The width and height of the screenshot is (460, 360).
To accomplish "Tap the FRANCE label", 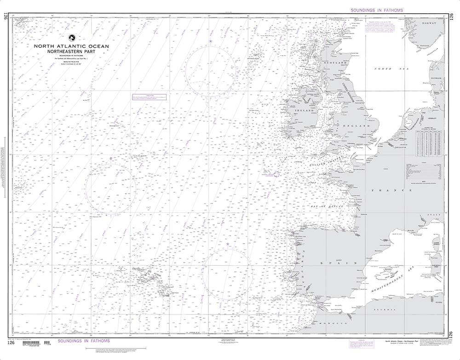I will tap(400, 190).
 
